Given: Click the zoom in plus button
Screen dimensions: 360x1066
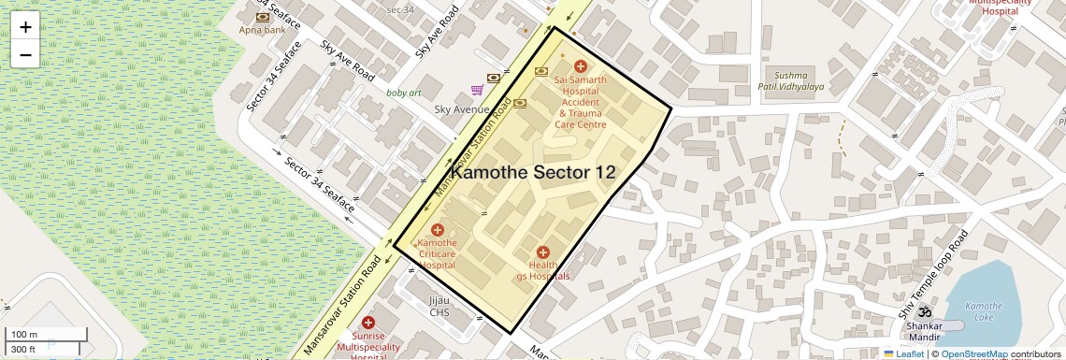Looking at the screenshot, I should coord(25,27).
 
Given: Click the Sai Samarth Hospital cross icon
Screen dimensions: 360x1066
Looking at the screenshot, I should coord(581,66).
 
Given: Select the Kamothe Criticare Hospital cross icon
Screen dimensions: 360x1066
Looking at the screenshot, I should coord(437,230).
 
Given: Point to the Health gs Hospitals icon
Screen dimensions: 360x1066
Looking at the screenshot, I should coord(543,252).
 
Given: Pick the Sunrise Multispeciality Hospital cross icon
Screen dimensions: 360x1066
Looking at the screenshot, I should coord(368,322).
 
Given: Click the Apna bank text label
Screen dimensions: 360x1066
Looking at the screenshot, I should coord(262,30).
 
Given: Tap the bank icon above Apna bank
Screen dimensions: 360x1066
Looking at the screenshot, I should coord(263,16).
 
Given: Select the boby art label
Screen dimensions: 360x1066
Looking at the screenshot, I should coord(404,93).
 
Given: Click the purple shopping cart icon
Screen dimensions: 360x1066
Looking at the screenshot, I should coord(478,91).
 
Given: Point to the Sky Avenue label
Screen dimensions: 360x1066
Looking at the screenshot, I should coord(462,109).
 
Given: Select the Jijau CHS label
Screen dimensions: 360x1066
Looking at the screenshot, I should coord(439,307).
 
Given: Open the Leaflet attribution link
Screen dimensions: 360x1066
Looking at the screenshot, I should coord(903,353).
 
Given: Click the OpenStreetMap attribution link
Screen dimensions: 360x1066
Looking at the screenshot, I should coord(973,353).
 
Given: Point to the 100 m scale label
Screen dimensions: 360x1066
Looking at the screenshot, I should coord(23,335).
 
